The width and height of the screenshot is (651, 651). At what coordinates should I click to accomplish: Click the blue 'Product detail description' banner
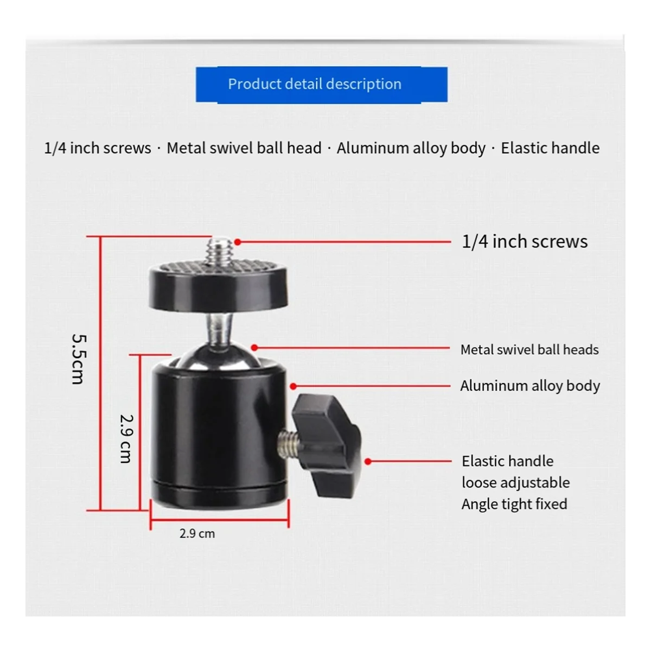321,84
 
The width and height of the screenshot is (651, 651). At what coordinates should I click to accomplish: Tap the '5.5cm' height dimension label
78,359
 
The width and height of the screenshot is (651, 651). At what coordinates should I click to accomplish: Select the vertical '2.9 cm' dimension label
126,438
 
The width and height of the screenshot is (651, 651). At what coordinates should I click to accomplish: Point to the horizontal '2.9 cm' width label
197,534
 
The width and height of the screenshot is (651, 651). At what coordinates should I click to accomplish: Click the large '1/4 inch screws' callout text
524,241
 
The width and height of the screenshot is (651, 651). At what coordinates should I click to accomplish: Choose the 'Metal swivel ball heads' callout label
529,350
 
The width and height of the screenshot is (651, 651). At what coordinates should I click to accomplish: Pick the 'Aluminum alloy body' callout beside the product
529,386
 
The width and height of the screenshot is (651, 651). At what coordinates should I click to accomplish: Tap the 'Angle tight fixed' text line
514,504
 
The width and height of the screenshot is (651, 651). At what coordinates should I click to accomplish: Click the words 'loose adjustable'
515,483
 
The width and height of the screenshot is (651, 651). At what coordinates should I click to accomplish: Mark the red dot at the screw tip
237,241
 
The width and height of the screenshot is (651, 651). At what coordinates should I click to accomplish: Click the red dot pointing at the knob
368,462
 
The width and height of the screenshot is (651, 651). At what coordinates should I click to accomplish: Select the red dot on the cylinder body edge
293,386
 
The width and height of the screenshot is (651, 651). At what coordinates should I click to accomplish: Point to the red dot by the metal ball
254,347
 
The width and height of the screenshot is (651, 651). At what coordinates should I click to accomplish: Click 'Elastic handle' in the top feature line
550,148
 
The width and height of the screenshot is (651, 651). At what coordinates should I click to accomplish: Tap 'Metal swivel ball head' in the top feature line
244,148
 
